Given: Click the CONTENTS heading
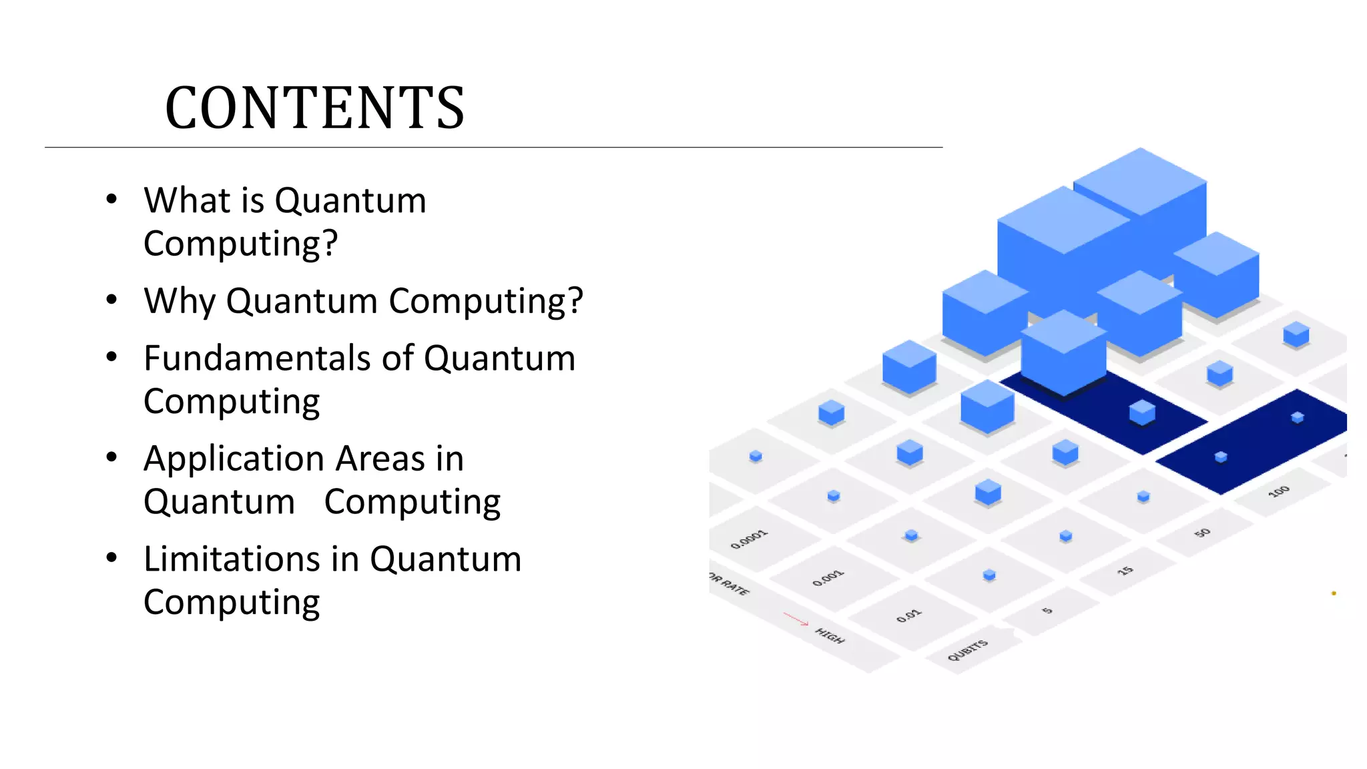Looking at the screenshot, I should (x=314, y=108).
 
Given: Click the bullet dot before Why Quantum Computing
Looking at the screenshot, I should (x=111, y=300).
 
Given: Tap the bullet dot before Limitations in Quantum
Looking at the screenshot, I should (x=111, y=558).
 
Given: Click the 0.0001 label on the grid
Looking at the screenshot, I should (x=749, y=539).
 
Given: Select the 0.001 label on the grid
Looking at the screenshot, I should (x=828, y=578).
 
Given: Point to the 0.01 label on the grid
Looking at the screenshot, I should (x=908, y=615).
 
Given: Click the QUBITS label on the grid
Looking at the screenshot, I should (x=967, y=650).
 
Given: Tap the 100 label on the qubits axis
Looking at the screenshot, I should (x=1278, y=492).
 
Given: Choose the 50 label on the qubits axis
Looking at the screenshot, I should (x=1202, y=533).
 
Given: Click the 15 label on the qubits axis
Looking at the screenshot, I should (x=1125, y=571).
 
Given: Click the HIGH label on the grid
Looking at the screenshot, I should (x=830, y=636).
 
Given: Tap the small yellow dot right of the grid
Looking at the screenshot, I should (x=1334, y=593).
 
